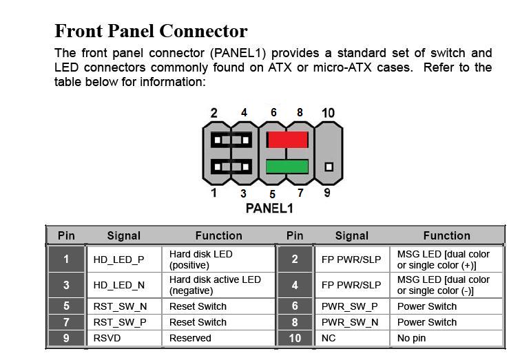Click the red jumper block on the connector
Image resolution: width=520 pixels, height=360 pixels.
(287, 140)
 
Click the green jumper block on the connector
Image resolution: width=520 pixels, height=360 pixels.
(287, 167)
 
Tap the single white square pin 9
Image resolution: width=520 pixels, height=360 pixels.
(329, 167)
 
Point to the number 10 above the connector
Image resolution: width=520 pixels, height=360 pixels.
(329, 113)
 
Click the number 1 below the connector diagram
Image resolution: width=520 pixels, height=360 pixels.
(214, 193)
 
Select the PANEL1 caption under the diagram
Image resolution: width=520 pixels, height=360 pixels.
(269, 208)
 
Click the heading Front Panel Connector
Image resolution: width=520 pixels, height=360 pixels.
(151, 31)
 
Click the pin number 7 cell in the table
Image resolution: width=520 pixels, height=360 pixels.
(66, 322)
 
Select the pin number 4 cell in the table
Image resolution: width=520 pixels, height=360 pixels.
(295, 285)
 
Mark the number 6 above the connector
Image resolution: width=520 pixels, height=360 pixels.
(273, 112)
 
